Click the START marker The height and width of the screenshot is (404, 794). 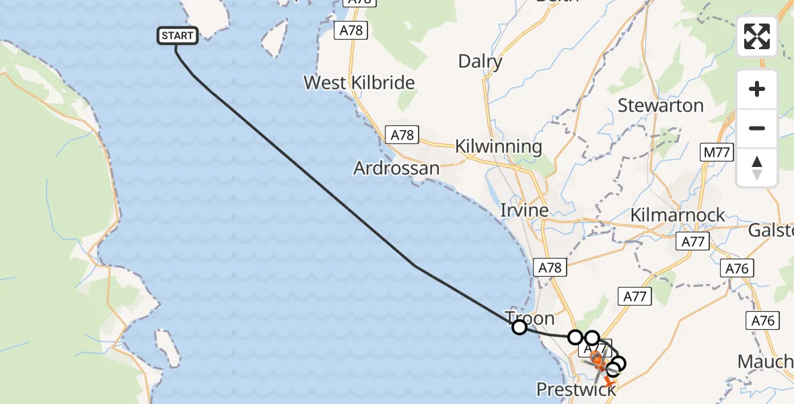[x=178, y=36]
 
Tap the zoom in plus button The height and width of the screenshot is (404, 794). [x=757, y=89]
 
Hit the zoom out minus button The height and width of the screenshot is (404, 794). [x=757, y=128]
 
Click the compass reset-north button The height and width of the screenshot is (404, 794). [x=757, y=167]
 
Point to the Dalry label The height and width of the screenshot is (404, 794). [x=480, y=62]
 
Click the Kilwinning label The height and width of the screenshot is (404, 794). [x=498, y=147]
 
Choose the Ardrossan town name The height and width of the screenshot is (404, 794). [x=396, y=168]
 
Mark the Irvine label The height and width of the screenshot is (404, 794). [x=524, y=211]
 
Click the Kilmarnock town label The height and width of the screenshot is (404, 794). [x=678, y=215]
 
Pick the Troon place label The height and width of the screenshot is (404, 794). [x=530, y=318]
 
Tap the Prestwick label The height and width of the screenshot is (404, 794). [x=576, y=389]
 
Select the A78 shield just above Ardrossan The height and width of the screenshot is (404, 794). [x=402, y=135]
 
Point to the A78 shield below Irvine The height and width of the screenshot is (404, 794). [x=550, y=268]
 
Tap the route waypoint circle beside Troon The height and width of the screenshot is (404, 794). [x=519, y=327]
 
